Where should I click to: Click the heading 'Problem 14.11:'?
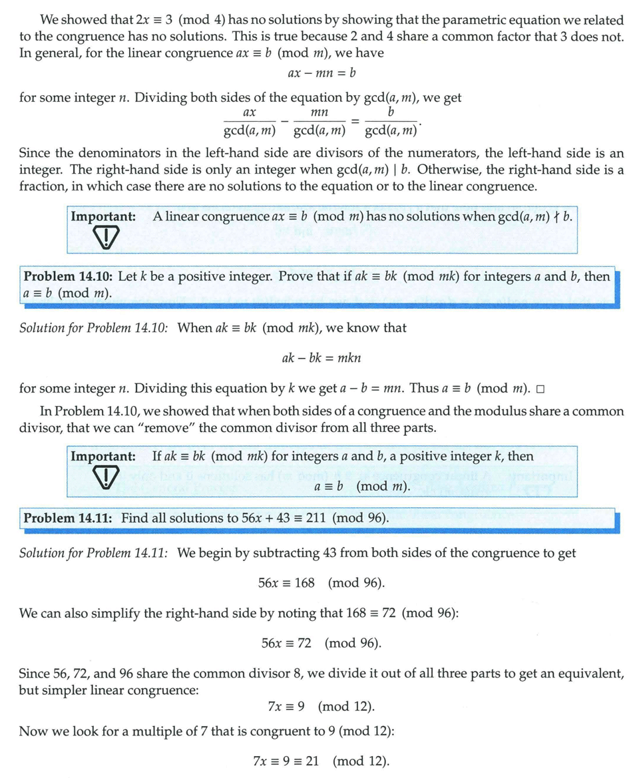tap(69, 518)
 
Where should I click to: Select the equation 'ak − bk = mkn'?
tap(321, 357)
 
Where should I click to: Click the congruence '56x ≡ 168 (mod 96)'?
tap(321, 583)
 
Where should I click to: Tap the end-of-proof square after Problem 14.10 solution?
tap(540, 389)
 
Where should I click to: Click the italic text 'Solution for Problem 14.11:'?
tap(93, 553)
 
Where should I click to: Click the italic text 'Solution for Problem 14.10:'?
tap(93, 327)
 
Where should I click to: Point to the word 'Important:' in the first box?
tap(103, 216)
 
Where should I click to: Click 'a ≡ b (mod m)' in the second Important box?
tap(362, 486)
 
